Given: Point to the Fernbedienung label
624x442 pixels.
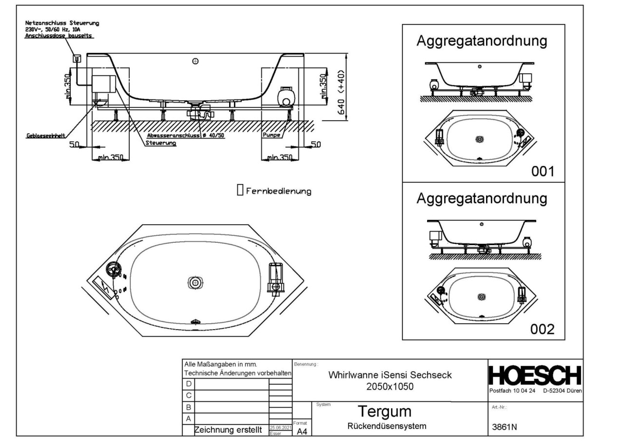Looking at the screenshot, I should tap(278, 190).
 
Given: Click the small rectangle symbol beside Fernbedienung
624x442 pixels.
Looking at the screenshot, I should tap(239, 190).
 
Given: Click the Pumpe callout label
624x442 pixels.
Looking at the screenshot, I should tap(271, 135).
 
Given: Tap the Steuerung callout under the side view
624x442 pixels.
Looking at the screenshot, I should tap(160, 144).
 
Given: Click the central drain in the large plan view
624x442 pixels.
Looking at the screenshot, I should tap(195, 283).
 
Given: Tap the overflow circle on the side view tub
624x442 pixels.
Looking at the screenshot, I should tap(195, 61).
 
